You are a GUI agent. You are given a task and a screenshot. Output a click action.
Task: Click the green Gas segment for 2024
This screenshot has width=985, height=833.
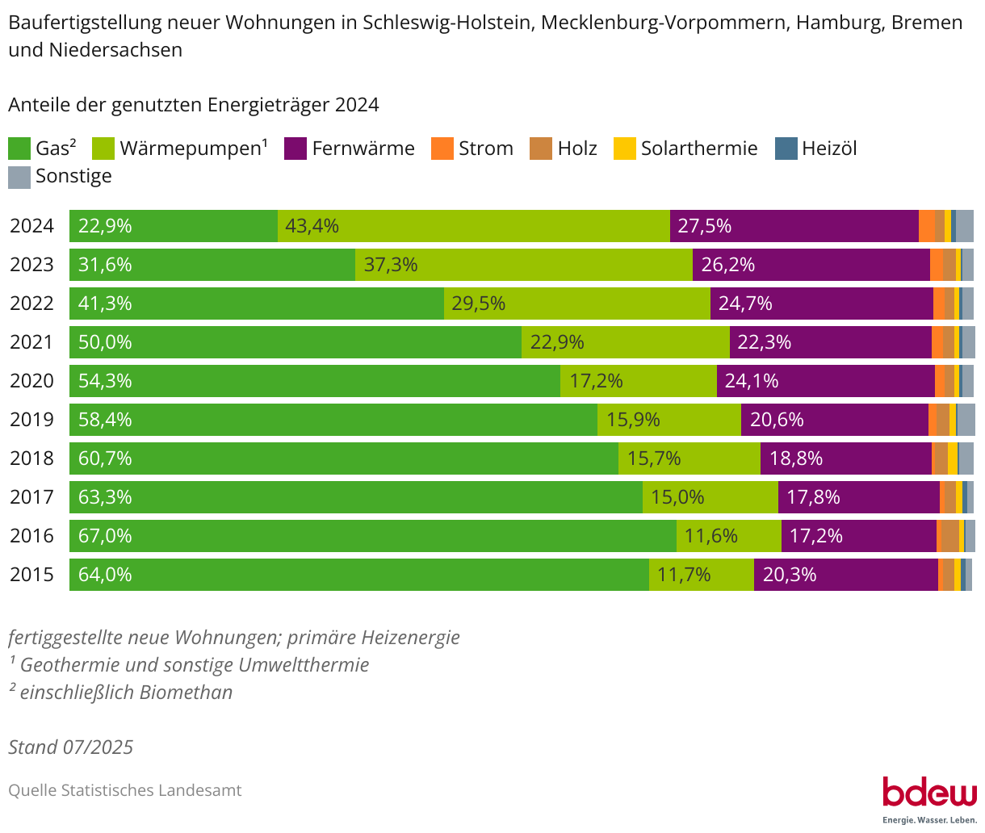174,226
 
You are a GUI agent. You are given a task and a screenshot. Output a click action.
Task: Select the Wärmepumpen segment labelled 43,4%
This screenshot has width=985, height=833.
474,226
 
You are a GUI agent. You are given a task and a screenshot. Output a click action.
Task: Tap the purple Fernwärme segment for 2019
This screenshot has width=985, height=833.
835,420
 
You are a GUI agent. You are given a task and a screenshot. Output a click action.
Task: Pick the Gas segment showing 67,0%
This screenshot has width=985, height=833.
373,536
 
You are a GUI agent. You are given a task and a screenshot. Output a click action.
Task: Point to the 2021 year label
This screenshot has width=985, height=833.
31,342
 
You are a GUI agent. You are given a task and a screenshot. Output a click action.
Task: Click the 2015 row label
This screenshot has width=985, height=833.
31,575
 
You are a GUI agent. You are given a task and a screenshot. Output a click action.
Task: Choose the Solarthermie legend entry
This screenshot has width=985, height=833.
686,149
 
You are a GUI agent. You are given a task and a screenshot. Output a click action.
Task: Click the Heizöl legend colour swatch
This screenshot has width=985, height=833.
786,149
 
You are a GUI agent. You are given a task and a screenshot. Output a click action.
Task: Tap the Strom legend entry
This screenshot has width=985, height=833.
472,149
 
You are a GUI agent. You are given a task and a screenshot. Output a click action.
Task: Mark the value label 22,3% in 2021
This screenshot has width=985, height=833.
764,342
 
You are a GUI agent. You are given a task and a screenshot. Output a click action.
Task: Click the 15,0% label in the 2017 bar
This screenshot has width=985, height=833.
677,497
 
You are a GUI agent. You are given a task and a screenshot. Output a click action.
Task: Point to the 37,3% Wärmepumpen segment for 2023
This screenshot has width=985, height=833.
524,265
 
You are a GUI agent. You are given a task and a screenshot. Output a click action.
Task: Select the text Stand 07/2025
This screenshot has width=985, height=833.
71,747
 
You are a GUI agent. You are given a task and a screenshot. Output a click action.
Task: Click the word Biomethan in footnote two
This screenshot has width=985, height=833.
186,693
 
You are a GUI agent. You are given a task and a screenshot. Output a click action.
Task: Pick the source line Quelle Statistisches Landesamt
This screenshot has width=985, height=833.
125,790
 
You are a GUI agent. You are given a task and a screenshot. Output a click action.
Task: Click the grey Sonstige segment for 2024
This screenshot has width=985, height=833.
965,226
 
